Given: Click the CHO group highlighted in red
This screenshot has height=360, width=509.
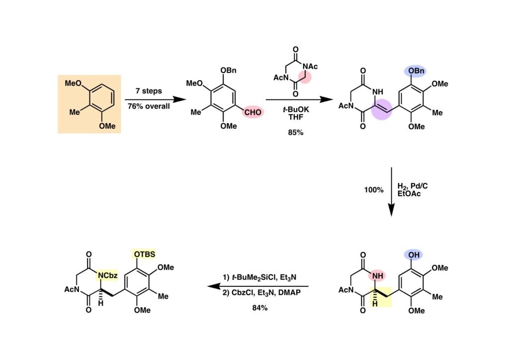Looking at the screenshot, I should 253,112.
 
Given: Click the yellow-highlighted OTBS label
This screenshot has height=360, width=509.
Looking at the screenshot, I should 145,254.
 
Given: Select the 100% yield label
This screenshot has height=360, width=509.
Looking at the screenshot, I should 373,190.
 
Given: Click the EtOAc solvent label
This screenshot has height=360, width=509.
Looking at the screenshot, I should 409,194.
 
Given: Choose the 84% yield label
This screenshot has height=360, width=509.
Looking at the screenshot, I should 259,308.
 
